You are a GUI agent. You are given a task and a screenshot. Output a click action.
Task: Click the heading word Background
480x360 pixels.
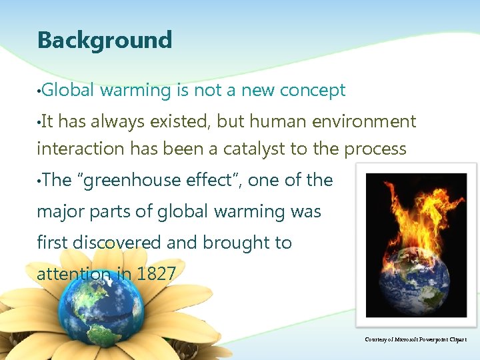coord(105,40)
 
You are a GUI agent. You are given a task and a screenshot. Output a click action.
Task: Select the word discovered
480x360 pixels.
coord(113,243)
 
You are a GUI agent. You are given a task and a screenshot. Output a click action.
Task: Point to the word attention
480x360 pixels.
coord(74,273)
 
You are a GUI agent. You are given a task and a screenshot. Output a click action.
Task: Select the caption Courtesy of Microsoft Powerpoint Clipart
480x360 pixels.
coord(416,339)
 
